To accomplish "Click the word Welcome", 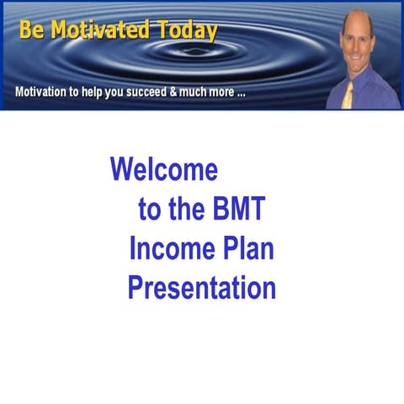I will click(164, 170).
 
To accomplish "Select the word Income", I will click(168, 249).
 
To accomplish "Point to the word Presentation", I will click(202, 288).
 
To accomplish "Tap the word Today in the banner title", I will click(185, 31).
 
